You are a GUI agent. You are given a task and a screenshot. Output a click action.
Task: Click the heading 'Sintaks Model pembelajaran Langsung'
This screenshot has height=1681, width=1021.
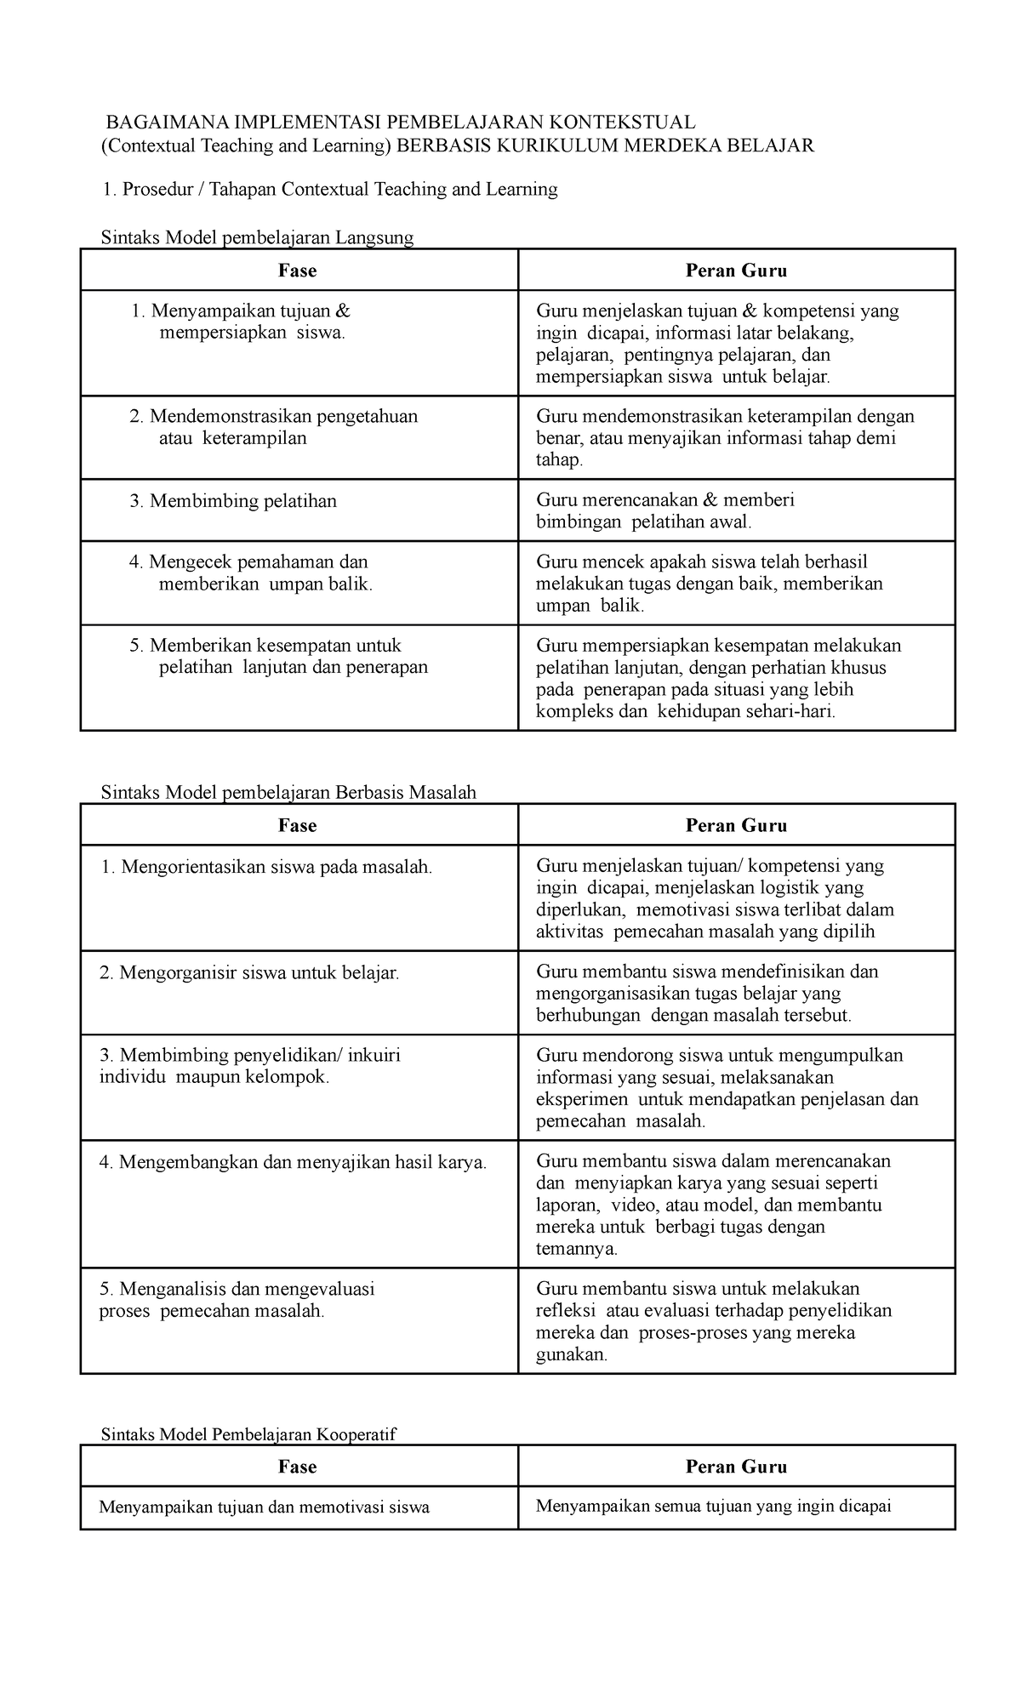[x=257, y=237]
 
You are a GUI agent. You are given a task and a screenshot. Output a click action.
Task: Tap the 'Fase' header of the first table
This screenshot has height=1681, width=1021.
[x=298, y=271]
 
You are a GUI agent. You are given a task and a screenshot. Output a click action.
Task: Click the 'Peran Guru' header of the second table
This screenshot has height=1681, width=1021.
[x=736, y=825]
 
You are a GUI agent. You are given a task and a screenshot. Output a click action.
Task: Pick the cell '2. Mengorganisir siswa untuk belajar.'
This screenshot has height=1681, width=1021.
[x=249, y=972]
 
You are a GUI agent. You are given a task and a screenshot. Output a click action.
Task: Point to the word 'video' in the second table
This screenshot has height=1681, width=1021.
[x=631, y=1205]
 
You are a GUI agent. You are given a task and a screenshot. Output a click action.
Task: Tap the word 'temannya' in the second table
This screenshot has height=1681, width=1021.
[x=575, y=1249]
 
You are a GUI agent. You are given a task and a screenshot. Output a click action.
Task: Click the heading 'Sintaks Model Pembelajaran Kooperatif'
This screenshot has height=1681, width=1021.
[x=248, y=1434]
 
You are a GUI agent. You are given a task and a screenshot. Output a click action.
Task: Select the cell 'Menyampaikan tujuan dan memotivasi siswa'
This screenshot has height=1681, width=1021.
[x=264, y=1507]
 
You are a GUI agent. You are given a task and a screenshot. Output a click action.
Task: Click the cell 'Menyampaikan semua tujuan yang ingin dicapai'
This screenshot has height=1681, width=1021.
[x=713, y=1507]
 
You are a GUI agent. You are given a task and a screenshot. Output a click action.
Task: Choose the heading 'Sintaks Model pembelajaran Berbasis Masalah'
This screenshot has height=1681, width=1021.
[x=288, y=792]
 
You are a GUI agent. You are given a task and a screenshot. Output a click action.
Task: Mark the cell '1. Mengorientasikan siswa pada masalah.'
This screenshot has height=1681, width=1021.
[x=265, y=867]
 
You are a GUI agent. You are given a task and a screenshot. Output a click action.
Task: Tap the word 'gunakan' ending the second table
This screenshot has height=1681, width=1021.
[x=570, y=1354]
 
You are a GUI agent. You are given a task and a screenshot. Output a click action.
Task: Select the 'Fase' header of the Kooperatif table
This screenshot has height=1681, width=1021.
[x=298, y=1467]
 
